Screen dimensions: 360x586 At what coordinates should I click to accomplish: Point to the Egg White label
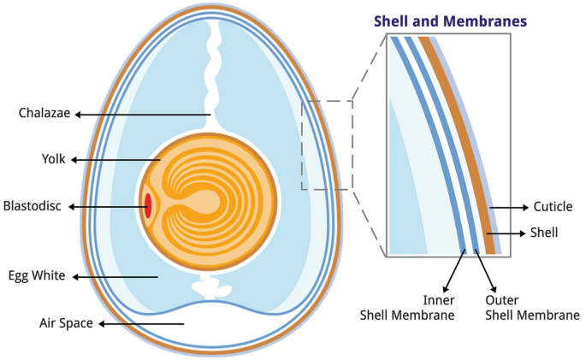(x=37, y=276)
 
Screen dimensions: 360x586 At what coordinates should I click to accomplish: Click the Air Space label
(x=65, y=323)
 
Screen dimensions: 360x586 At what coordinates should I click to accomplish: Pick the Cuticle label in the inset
(x=552, y=207)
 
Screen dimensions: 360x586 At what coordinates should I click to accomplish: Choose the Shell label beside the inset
(x=544, y=232)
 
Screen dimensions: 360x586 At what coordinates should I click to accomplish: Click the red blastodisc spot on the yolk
(x=148, y=206)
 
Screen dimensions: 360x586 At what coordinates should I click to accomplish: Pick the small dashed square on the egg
(x=327, y=145)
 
